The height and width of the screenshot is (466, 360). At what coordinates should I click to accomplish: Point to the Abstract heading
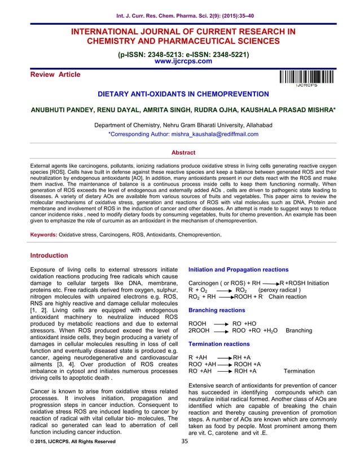[x=180, y=152]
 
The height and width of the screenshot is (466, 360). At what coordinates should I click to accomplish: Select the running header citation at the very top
[x=180, y=10]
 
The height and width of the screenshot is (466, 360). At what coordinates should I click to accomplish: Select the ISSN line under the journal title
[x=180, y=55]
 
